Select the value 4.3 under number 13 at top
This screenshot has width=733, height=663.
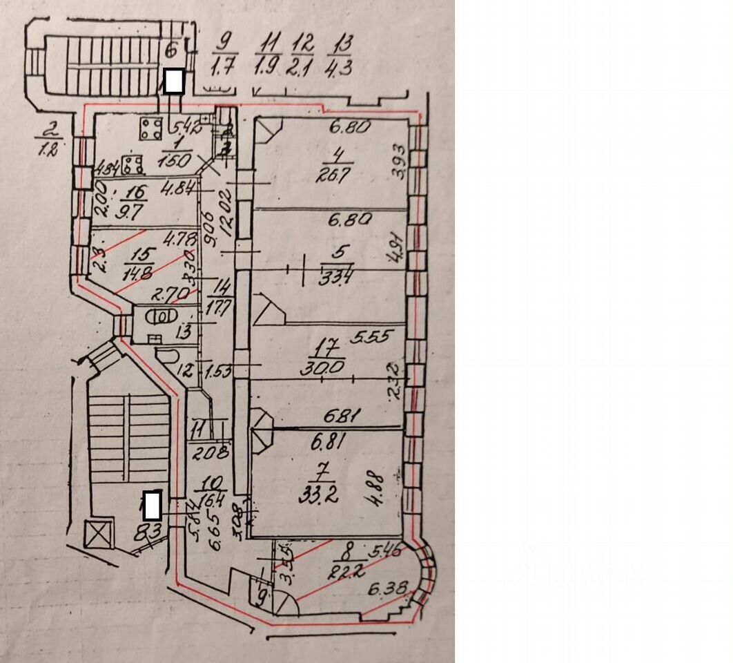pos(339,70)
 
